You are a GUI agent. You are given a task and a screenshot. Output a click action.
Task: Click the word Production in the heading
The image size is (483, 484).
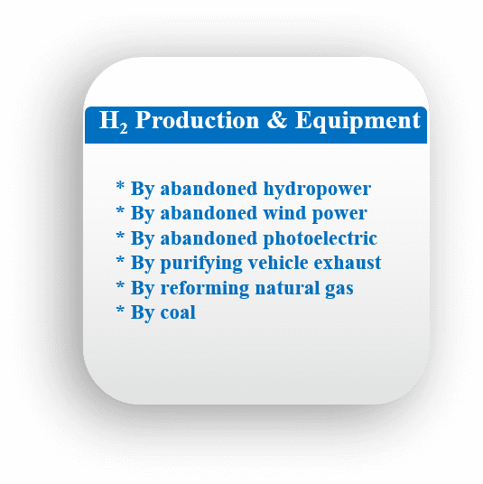197,120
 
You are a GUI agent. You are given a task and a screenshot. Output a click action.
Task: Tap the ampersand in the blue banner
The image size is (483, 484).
277,120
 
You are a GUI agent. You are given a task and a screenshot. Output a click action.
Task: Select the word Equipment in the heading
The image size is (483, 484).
358,122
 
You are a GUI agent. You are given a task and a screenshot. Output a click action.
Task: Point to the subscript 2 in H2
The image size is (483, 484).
123,128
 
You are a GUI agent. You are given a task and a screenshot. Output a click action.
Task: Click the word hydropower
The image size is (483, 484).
317,190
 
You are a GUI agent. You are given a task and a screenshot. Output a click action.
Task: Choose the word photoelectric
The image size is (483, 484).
320,239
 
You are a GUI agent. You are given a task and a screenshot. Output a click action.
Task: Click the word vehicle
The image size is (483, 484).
278,263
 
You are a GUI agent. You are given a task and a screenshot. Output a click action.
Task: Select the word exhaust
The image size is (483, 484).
348,263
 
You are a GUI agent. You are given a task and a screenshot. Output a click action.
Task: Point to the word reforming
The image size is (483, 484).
205,289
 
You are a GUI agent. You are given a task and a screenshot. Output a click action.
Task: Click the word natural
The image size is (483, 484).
287,288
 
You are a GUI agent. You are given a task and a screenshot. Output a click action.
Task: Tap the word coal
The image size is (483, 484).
178,312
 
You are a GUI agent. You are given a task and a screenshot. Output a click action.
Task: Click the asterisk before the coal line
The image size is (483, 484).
120,310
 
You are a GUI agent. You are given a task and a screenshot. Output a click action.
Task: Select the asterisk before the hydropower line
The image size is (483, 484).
120,186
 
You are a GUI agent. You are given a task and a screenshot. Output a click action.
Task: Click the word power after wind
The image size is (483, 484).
339,215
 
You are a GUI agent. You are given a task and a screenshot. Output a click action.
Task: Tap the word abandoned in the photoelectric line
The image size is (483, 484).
209,238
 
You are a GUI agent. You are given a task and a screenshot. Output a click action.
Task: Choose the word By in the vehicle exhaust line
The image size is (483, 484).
143,265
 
